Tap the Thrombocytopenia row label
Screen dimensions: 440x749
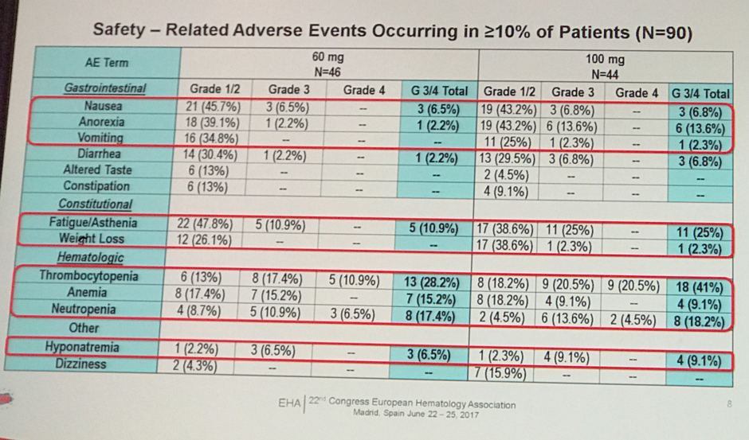click(x=88, y=277)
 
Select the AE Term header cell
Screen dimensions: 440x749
click(x=106, y=62)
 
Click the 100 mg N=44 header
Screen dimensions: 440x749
click(x=605, y=65)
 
